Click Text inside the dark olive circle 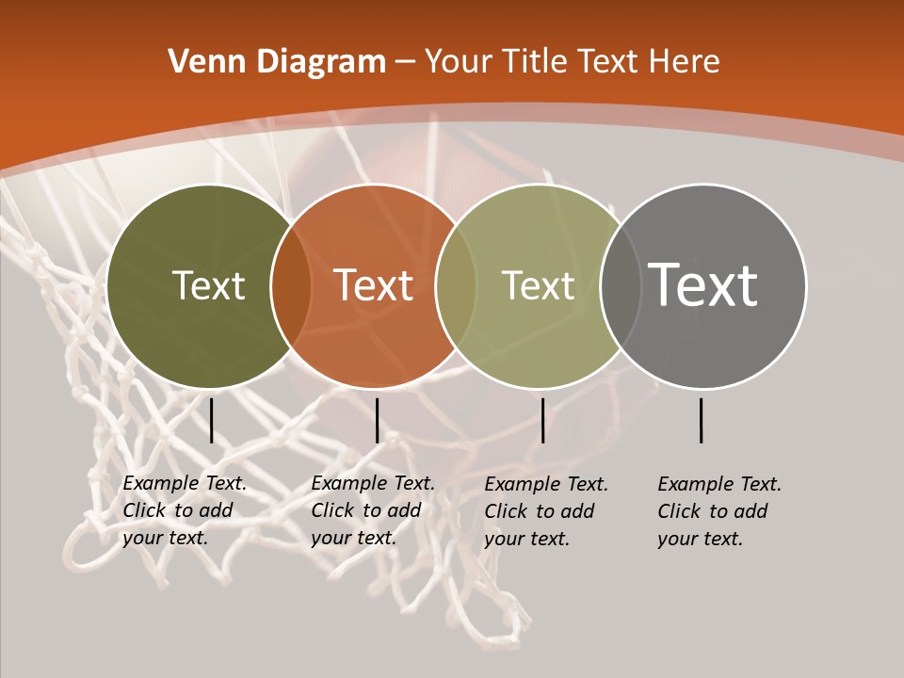(x=208, y=285)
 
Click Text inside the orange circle (x=373, y=285)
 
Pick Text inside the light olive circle (x=538, y=285)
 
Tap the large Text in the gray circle (x=703, y=285)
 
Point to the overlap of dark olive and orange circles (x=291, y=285)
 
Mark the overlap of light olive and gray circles (x=618, y=285)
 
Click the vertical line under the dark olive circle (x=211, y=420)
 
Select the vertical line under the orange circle (x=377, y=420)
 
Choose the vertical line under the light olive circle (x=542, y=420)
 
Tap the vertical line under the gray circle (x=701, y=420)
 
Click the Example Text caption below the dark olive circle (x=185, y=510)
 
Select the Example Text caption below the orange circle (x=373, y=510)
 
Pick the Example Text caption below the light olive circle (x=546, y=511)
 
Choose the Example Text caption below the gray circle (x=719, y=511)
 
